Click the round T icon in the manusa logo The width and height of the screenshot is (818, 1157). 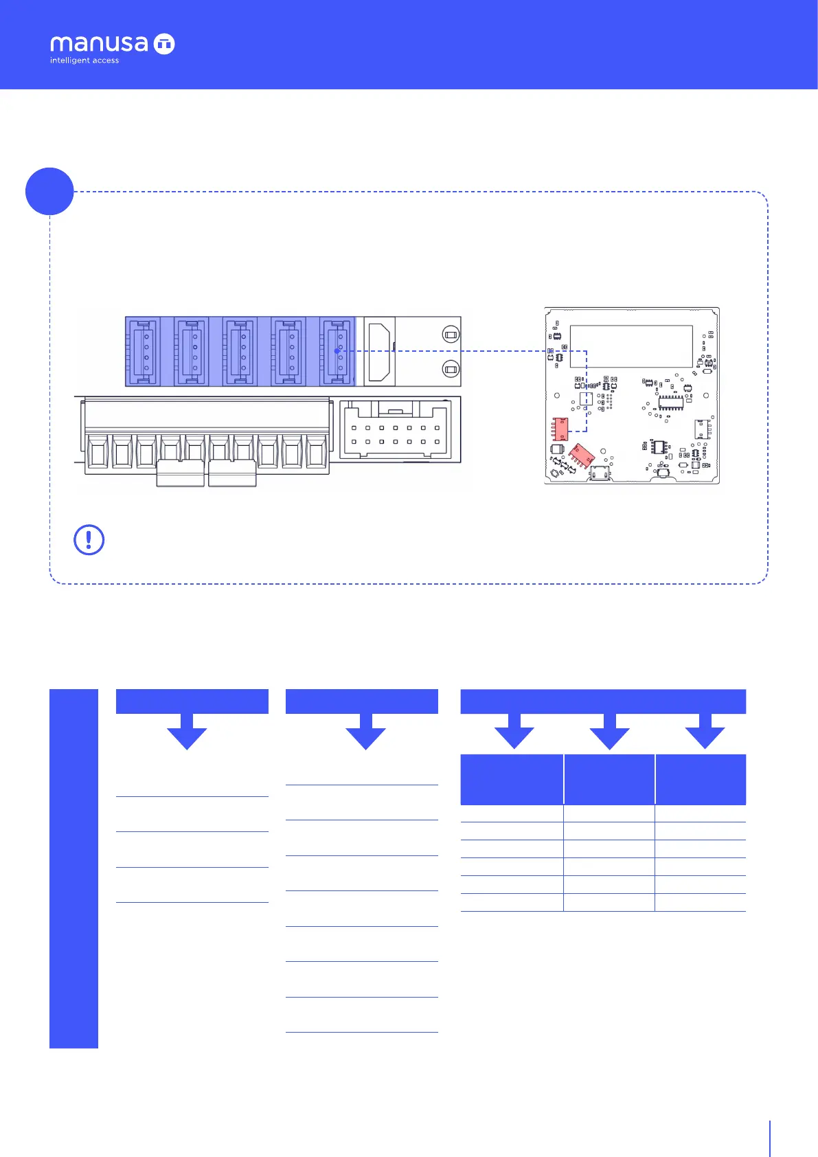[x=164, y=44]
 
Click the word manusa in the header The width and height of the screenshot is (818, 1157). [x=99, y=44]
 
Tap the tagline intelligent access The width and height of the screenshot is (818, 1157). [x=84, y=60]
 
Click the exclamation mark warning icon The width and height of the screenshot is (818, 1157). [x=89, y=540]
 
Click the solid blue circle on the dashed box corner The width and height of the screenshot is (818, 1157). [x=49, y=192]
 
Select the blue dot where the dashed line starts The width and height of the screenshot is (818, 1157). [x=337, y=351]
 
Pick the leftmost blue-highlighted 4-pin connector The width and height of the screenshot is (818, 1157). [x=143, y=351]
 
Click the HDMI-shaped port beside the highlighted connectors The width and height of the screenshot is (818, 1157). [x=379, y=351]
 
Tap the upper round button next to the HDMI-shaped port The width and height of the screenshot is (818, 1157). [x=451, y=335]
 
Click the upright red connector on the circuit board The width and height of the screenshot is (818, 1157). [x=560, y=429]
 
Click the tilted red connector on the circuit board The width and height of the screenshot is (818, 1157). [x=581, y=455]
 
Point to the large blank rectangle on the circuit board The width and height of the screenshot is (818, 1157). [x=631, y=346]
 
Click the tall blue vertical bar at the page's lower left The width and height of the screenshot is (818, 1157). [x=73, y=868]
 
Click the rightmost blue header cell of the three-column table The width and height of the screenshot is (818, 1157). [x=701, y=779]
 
